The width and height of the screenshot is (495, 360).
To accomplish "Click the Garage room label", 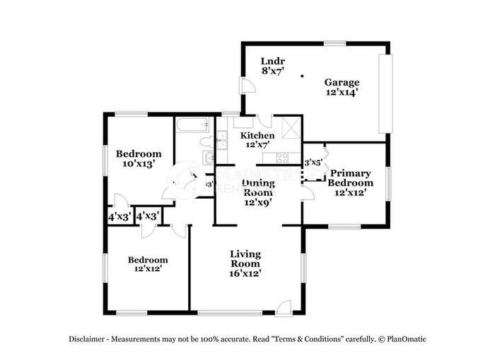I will [342, 81].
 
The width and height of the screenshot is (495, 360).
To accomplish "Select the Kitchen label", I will [257, 135].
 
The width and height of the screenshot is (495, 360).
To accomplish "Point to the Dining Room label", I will [257, 187].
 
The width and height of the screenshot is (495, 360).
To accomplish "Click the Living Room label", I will [245, 258].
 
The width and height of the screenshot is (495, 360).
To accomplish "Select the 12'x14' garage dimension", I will [342, 91].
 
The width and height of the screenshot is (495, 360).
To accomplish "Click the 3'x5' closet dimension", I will [313, 163].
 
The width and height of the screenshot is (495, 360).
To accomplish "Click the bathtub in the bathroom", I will [192, 127].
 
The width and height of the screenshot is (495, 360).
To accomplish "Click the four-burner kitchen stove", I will [282, 158].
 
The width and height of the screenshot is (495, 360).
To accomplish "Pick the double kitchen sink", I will [221, 140].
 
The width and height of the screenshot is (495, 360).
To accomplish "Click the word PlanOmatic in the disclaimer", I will [407, 339].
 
